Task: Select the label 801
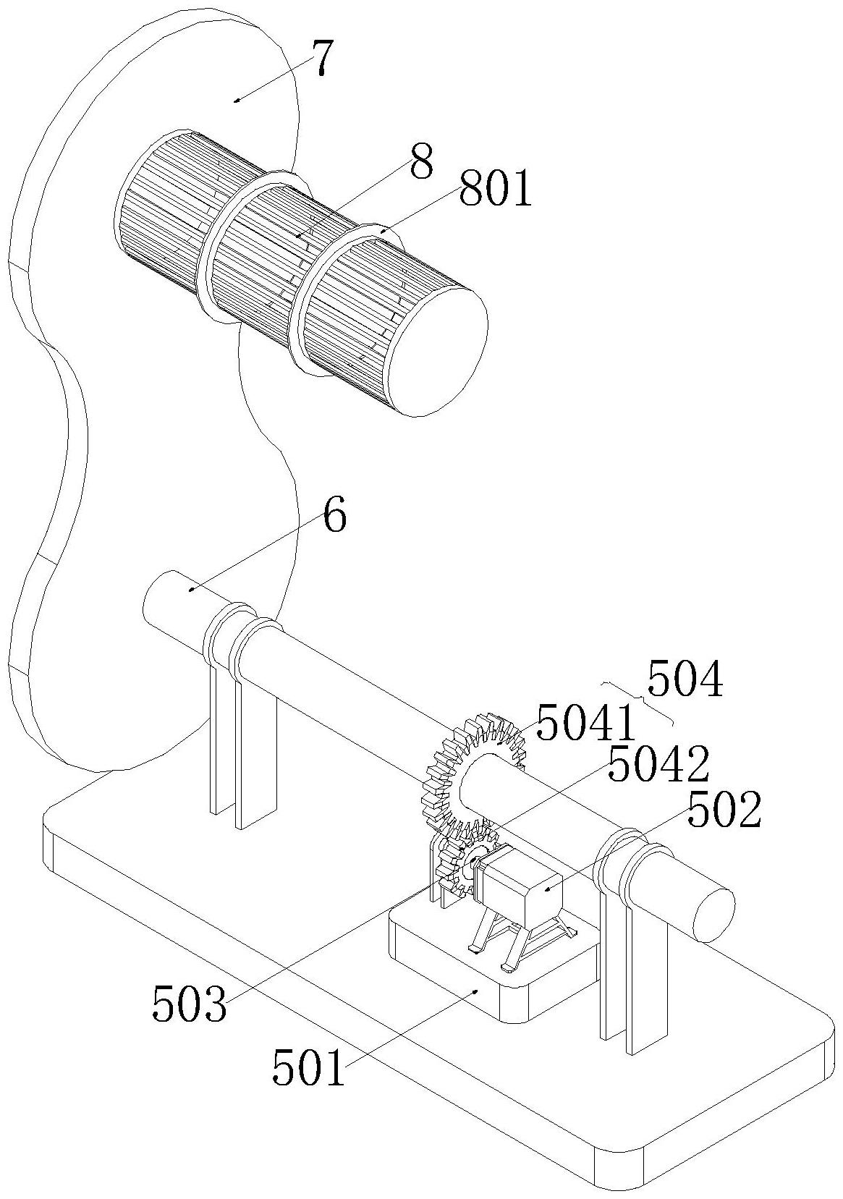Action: [x=495, y=188]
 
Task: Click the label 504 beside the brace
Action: [x=685, y=678]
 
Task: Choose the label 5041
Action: [x=585, y=723]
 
